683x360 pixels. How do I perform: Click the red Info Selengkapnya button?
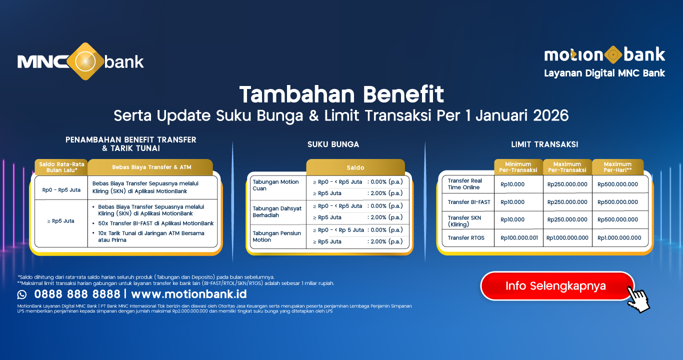(x=555, y=286)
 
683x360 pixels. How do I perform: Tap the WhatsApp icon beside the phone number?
(x=22, y=294)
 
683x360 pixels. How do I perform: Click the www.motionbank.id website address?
(x=189, y=294)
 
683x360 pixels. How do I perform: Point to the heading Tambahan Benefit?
(x=341, y=94)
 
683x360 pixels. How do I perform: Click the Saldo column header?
(x=355, y=167)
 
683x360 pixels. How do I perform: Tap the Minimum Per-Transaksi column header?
(x=518, y=167)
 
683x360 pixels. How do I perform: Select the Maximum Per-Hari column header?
(x=617, y=167)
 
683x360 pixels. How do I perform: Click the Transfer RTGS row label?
(x=466, y=238)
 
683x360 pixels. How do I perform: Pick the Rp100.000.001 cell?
(x=519, y=238)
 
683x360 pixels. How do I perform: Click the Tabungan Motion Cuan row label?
(x=275, y=185)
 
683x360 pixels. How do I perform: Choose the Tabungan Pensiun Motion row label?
(x=276, y=236)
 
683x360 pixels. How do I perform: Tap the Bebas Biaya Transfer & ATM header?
(x=151, y=167)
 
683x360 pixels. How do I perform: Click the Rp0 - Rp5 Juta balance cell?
(x=61, y=190)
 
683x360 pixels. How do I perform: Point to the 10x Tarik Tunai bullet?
(x=151, y=236)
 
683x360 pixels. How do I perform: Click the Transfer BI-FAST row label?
(x=469, y=202)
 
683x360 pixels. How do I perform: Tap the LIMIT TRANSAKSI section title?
(x=544, y=144)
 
